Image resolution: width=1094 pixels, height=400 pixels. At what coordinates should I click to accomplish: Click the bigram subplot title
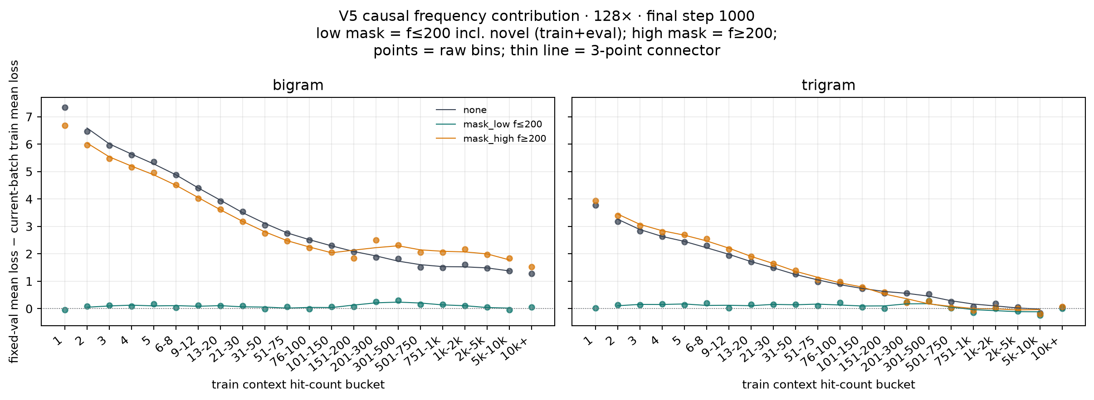[298, 85]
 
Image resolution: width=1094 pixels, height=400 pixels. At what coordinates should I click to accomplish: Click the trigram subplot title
[828, 85]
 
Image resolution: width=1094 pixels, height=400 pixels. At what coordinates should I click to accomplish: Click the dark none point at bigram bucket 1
[65, 107]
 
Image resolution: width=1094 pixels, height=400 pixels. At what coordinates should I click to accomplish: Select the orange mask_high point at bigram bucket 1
[65, 125]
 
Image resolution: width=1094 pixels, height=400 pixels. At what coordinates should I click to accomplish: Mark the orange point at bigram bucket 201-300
[376, 240]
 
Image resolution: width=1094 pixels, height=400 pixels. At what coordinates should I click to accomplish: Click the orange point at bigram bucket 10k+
[532, 267]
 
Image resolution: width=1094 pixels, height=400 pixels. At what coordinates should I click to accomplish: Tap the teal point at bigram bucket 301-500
[398, 300]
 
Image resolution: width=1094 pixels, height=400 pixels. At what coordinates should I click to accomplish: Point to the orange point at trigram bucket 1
[596, 201]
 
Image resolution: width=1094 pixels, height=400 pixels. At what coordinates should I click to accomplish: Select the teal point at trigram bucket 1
[596, 308]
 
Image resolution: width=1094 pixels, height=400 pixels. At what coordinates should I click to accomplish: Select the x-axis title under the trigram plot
[828, 385]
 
